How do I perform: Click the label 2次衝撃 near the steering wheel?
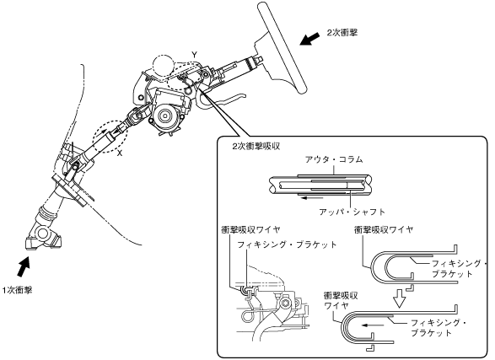click(x=342, y=33)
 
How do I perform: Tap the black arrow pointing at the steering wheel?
click(x=310, y=39)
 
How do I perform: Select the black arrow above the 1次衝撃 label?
click(x=24, y=266)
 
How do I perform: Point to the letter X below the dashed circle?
click(x=120, y=153)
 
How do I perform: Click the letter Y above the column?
click(x=195, y=55)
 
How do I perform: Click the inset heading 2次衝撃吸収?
click(x=256, y=147)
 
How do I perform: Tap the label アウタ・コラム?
click(x=334, y=159)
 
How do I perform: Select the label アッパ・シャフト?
click(x=352, y=212)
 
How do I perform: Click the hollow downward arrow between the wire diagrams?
click(x=400, y=298)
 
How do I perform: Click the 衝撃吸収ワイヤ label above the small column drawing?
click(x=250, y=229)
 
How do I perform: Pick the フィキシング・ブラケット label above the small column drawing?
click(x=287, y=244)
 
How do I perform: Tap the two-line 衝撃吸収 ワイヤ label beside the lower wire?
click(x=341, y=300)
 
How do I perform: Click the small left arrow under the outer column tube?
click(x=311, y=198)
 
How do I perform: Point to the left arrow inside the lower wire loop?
click(x=374, y=325)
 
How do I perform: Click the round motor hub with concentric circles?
click(x=164, y=116)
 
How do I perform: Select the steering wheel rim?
click(x=282, y=47)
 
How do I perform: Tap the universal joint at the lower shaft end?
click(x=43, y=236)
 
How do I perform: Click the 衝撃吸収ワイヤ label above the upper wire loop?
click(x=384, y=229)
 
